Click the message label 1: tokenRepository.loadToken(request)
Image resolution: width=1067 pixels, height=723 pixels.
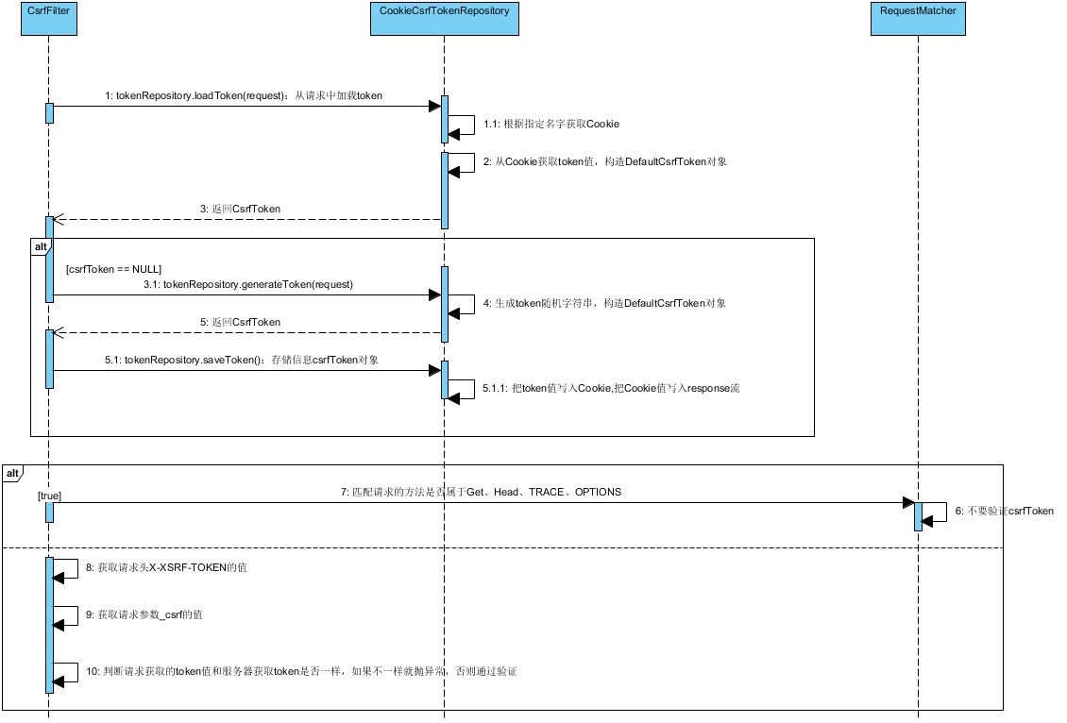[x=244, y=96]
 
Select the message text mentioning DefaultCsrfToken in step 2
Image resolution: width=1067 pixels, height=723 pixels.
[x=604, y=162]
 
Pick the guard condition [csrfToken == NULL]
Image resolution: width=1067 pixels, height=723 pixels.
[x=113, y=269]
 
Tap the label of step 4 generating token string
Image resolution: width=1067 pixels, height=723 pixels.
[x=605, y=304]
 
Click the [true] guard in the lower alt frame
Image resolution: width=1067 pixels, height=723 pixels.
[x=50, y=495]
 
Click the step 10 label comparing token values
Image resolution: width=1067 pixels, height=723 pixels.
[x=301, y=671]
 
